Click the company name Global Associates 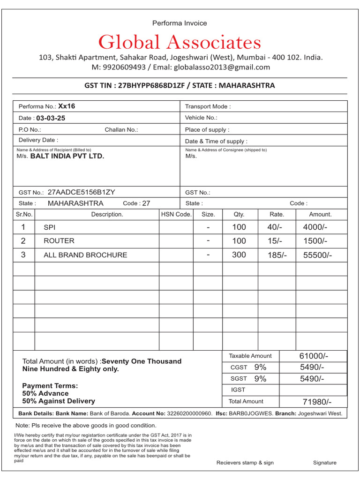(x=180, y=43)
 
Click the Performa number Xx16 (x=67, y=106)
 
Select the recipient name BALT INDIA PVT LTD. (x=67, y=156)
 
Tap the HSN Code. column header (x=176, y=214)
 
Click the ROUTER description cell (x=59, y=241)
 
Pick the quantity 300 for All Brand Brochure (x=239, y=255)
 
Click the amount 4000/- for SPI (x=315, y=227)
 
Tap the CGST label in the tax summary (x=239, y=367)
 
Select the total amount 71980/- (x=317, y=402)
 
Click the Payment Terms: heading (x=50, y=386)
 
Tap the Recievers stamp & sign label (x=245, y=463)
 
